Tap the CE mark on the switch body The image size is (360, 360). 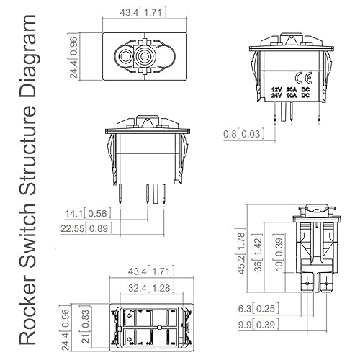(303, 78)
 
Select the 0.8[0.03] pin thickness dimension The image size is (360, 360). (243, 134)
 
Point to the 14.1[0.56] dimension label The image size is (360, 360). (88, 213)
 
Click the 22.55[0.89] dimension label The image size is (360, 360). (86, 228)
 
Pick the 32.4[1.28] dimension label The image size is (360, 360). (151, 287)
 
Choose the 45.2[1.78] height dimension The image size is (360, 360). (241, 253)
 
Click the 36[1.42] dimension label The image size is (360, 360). (258, 253)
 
